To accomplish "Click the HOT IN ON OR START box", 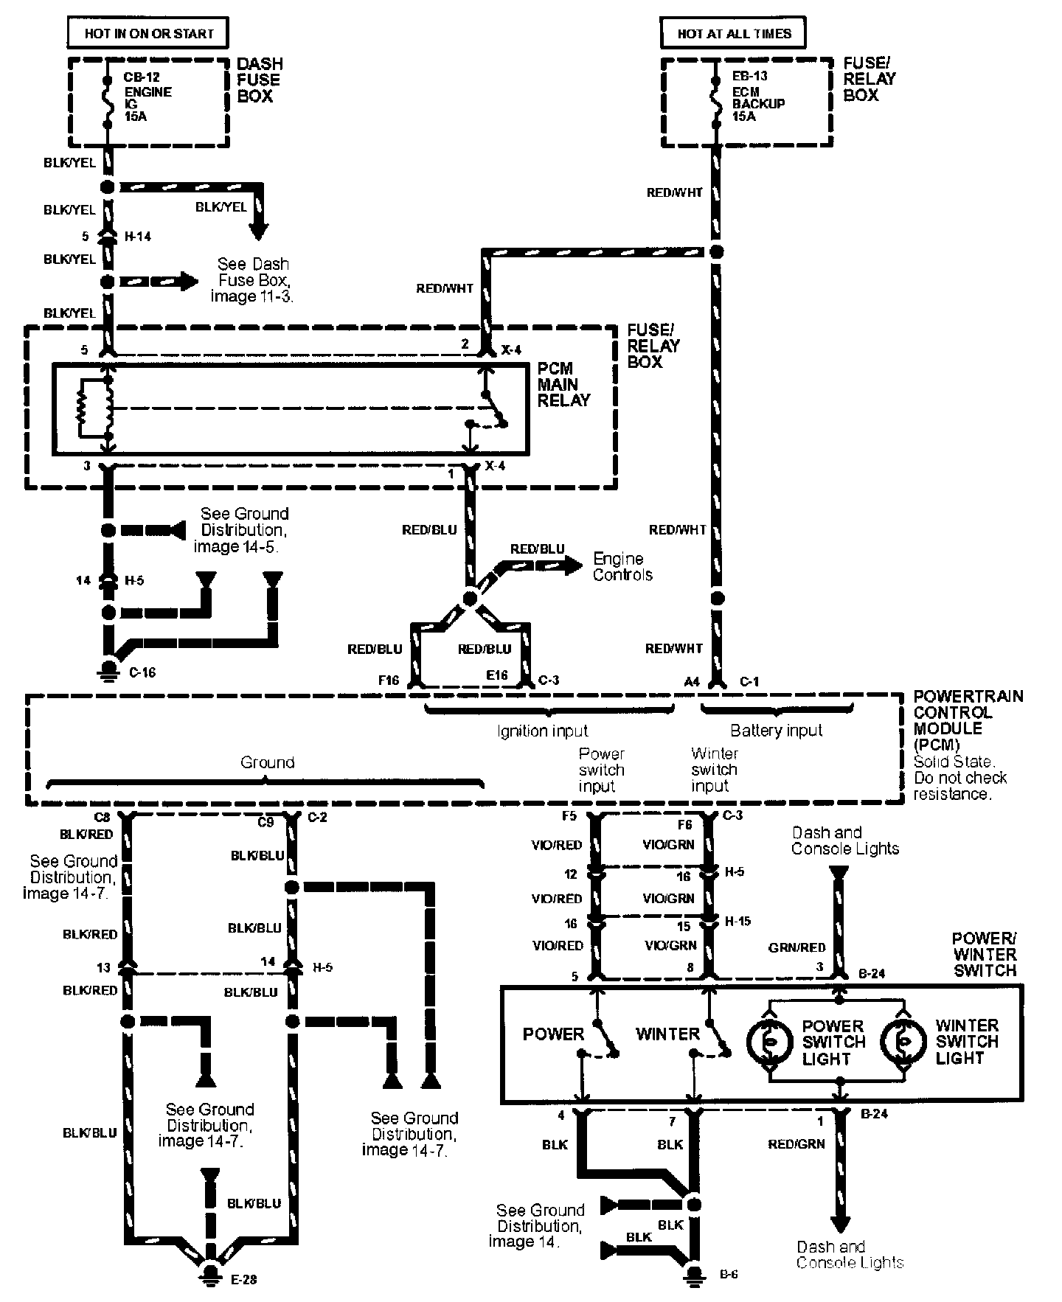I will pos(148,33).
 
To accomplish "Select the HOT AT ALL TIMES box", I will pos(734,33).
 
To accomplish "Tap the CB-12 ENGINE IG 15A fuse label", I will pos(147,97).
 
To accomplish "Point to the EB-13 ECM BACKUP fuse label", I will pos(757,97).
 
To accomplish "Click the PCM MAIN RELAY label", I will pos(563,384).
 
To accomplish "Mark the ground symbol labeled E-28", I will pos(212,1274).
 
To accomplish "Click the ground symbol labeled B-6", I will pos(693,1273).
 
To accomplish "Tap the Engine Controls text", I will pos(622,567).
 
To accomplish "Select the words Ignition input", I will pos(543,731).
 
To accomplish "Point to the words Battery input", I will pos(776,731).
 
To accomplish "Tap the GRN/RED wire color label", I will pos(796,947).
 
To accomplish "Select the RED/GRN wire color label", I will pos(796,1144).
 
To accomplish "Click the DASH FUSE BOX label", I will pos(259,80).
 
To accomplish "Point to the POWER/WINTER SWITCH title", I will pos(984,954).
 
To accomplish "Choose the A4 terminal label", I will pos(691,682).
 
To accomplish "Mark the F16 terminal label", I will pos(389,680).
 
